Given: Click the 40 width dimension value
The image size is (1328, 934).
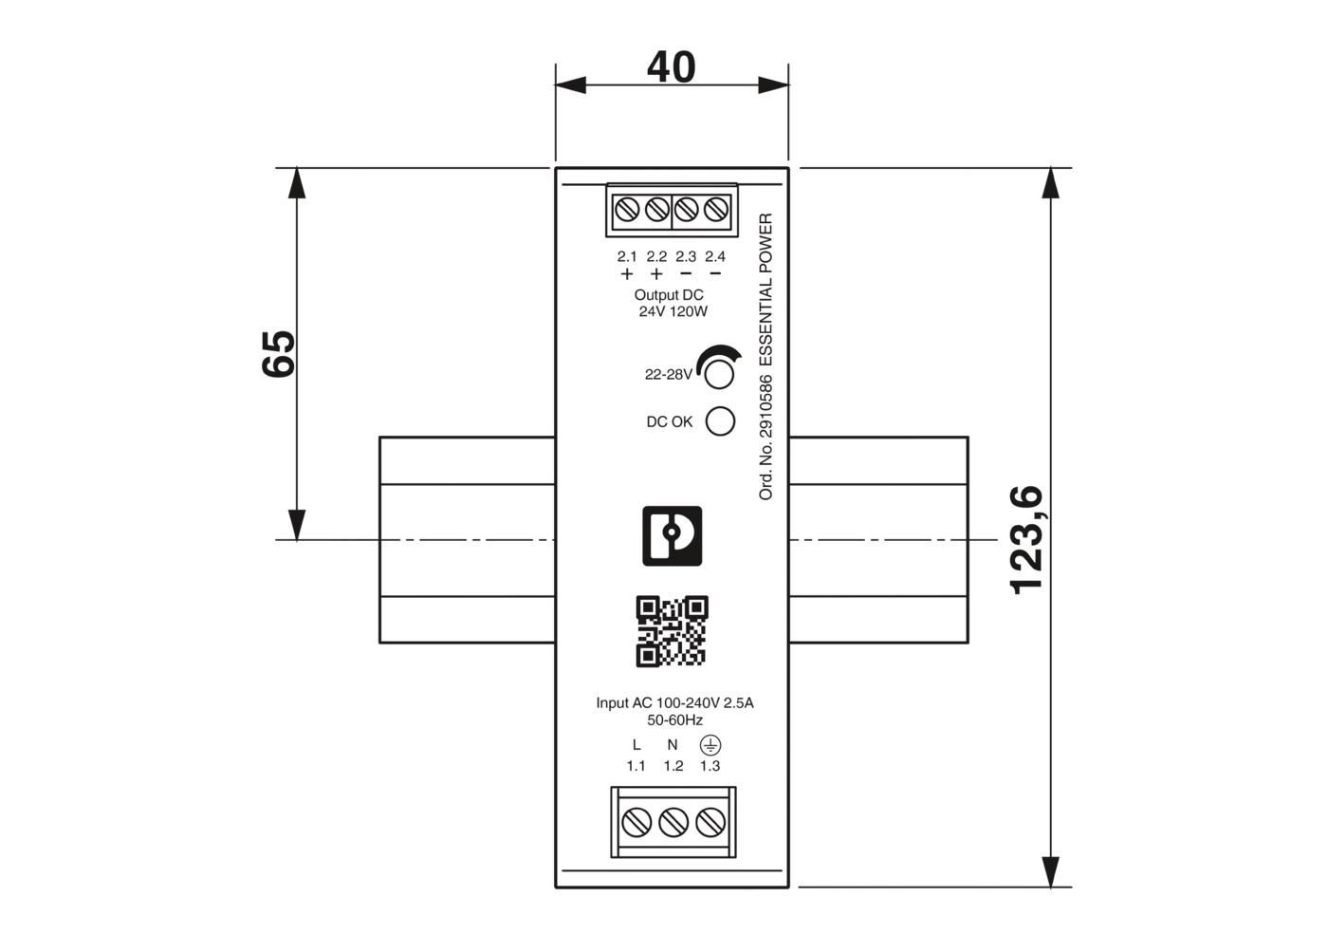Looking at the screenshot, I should click(671, 67).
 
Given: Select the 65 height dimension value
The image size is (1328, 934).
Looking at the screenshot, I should click(279, 354).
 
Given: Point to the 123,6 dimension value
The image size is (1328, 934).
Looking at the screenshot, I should click(1026, 540).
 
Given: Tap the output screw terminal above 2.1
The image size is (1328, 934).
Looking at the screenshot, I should click(627, 210).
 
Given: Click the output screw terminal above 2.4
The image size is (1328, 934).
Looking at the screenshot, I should click(716, 210).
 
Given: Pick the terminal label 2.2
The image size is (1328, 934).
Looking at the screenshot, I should click(656, 256).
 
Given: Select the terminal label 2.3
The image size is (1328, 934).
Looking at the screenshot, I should click(686, 256).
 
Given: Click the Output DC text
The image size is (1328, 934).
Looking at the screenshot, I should click(669, 295).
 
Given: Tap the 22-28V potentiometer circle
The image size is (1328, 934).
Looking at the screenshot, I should click(719, 375).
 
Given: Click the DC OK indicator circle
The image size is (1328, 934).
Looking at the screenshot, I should click(720, 421).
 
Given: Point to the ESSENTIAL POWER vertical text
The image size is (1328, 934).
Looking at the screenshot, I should click(766, 290).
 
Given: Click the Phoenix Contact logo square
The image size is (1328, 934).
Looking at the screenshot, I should click(673, 536).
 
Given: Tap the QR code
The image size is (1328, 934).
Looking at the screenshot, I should click(672, 631).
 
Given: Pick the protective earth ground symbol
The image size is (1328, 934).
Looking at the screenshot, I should click(710, 745).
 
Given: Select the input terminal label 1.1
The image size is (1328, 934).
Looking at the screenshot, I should click(636, 766).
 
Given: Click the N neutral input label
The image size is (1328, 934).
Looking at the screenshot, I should click(673, 745).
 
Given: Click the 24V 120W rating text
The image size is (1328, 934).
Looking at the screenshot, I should click(673, 311).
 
